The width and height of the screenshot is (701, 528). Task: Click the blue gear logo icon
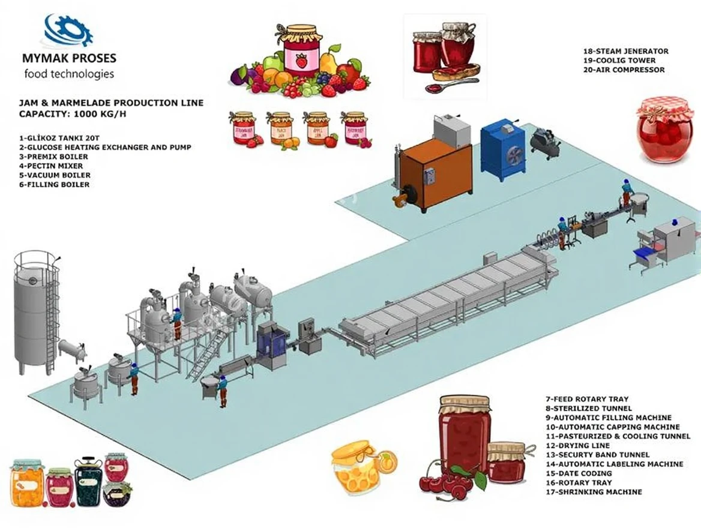coord(68,30)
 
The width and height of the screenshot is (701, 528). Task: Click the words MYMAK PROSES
coord(68,59)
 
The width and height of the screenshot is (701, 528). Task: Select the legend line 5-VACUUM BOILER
coord(55,175)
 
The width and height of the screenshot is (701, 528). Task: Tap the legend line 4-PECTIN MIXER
coord(51,166)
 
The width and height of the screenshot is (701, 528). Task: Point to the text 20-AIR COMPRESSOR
coord(624,70)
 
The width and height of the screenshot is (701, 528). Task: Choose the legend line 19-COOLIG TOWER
coord(619,61)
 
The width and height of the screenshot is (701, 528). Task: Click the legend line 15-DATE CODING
coord(579,473)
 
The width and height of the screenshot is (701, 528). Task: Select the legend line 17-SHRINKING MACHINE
coord(593,492)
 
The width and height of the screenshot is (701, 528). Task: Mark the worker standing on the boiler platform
coord(176,324)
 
